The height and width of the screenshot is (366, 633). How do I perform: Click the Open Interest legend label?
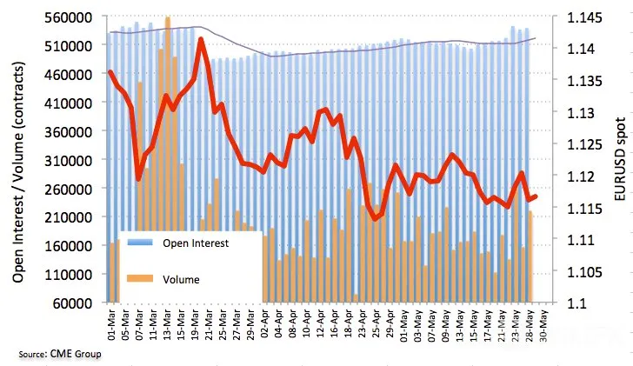(196, 243)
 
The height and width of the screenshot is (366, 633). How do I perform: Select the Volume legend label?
(181, 279)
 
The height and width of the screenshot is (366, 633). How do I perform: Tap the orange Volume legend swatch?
(140, 278)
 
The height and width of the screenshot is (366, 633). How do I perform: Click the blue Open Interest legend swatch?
(140, 243)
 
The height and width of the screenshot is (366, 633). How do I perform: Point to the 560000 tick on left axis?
(69, 17)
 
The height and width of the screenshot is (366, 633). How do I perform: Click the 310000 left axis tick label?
(69, 160)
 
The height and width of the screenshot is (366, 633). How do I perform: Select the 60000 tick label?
(73, 303)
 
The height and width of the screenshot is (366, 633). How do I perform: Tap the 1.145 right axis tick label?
(584, 17)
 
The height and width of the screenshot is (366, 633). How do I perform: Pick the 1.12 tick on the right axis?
(581, 176)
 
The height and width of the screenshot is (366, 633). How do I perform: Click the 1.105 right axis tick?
(584, 271)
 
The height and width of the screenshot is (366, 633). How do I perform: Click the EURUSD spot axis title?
(620, 159)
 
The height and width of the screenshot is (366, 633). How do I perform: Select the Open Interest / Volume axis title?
(18, 172)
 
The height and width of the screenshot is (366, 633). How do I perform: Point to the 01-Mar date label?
(111, 325)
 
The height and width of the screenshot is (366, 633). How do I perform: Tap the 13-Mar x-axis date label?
(167, 325)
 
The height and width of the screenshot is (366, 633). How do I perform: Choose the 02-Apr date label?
(264, 325)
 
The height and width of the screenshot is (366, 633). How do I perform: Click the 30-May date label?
(543, 325)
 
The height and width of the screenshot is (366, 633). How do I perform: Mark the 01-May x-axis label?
(403, 325)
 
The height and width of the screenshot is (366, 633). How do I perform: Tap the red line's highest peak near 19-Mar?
(201, 40)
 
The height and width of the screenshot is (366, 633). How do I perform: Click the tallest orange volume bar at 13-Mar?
(168, 159)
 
